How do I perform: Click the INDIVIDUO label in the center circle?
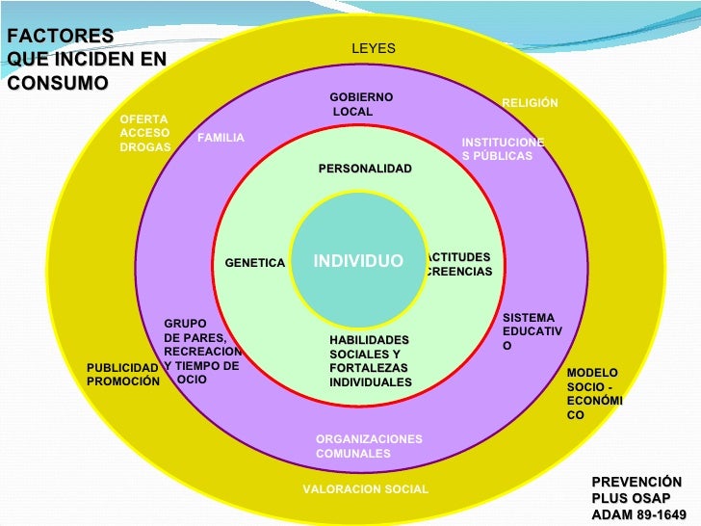(x=358, y=262)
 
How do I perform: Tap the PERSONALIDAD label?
(x=365, y=169)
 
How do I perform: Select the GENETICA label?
(x=255, y=263)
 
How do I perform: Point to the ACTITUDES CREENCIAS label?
(x=459, y=265)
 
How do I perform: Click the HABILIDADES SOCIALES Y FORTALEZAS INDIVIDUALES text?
(x=371, y=361)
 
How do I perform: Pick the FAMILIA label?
(x=221, y=138)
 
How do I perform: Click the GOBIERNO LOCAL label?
(x=360, y=105)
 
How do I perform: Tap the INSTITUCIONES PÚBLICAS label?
(x=503, y=148)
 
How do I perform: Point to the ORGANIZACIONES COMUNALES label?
(x=369, y=446)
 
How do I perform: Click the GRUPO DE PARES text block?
(x=202, y=352)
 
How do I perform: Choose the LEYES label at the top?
(x=373, y=49)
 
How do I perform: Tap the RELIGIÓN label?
(x=530, y=103)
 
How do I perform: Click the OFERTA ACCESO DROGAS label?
(x=145, y=133)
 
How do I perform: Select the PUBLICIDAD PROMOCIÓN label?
(x=122, y=375)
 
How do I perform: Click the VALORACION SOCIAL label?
(x=365, y=489)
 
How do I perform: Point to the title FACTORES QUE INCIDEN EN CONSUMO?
(x=85, y=59)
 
